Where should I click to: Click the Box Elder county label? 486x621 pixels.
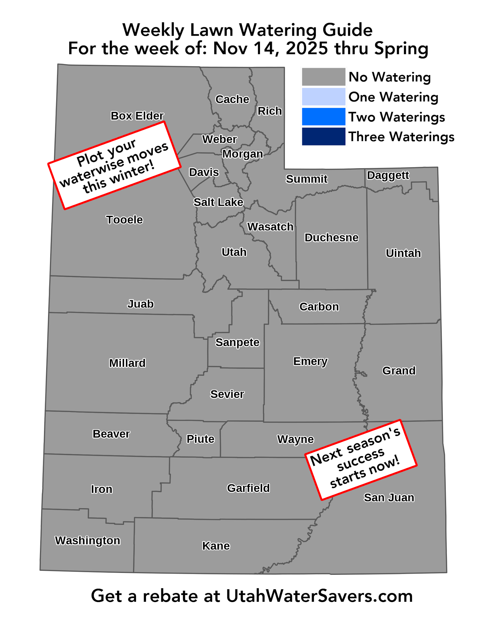click(137, 116)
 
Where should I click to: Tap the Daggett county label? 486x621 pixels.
click(388, 175)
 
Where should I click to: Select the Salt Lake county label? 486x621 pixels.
click(218, 202)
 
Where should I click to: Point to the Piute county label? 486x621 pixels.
click(200, 439)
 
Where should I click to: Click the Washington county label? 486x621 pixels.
click(88, 541)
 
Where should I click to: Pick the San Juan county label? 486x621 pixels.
click(389, 498)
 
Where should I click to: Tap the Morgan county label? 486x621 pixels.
click(243, 154)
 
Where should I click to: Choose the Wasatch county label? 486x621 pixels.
click(270, 227)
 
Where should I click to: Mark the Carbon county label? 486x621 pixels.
click(319, 307)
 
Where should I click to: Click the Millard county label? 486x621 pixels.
click(127, 363)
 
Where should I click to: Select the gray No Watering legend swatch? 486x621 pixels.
click(323, 77)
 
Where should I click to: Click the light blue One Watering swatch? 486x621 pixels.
click(323, 97)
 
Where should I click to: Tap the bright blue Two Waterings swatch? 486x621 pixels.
click(323, 117)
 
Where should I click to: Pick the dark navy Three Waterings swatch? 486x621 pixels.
click(323, 137)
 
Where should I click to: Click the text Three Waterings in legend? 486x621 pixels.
click(401, 137)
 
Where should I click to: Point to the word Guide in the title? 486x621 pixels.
click(347, 30)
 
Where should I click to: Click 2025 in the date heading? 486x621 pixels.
click(307, 48)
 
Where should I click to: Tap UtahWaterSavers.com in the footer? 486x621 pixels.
click(319, 596)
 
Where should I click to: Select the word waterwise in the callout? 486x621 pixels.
click(92, 171)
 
